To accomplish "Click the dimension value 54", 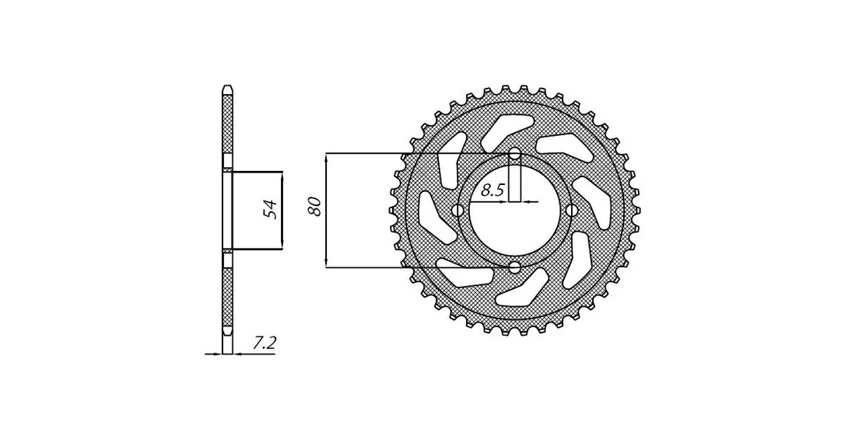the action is [x=270, y=209].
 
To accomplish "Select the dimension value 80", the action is [x=315, y=206].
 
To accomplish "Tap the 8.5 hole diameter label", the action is [x=492, y=190].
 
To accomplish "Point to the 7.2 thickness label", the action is [x=264, y=343].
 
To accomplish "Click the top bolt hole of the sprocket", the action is [x=515, y=155].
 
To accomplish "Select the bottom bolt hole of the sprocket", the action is [x=515, y=267].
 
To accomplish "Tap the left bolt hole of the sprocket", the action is [x=458, y=211].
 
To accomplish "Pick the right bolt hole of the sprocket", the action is [x=572, y=211].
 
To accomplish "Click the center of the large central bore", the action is [x=515, y=211].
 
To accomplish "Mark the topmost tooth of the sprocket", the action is [x=506, y=89].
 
